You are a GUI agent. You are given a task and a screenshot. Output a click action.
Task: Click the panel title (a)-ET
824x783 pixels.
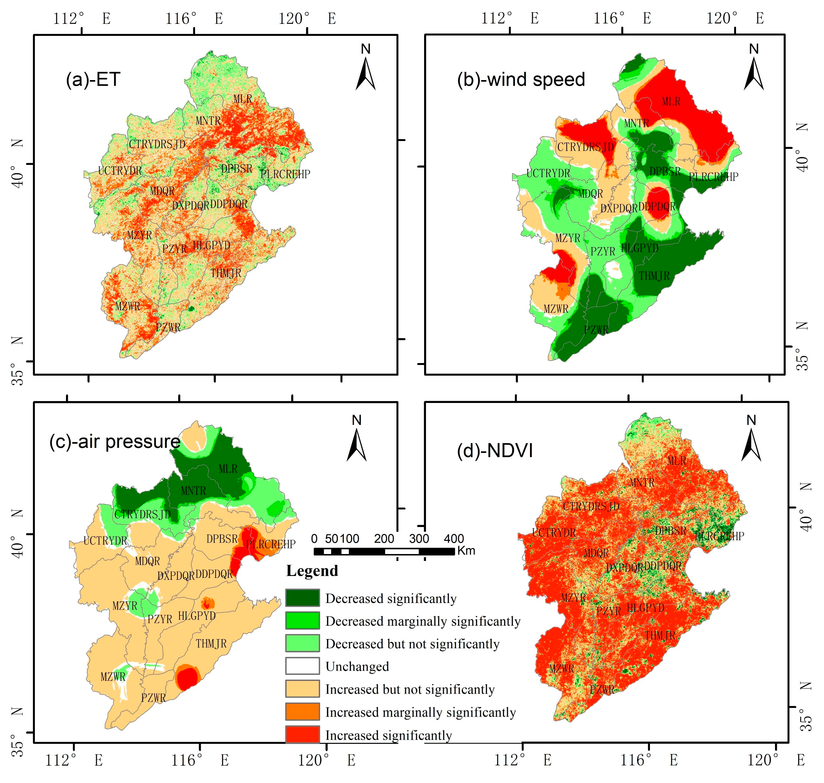pyautogui.click(x=93, y=79)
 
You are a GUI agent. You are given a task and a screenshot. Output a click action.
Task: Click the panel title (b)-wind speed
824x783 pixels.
pyautogui.click(x=521, y=79)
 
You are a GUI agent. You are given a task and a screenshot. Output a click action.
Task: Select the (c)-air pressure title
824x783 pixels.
pyautogui.click(x=115, y=441)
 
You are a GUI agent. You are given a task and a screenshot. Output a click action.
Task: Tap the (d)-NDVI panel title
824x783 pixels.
pyautogui.click(x=495, y=451)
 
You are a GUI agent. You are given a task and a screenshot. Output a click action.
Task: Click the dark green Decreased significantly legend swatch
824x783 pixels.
pyautogui.click(x=302, y=598)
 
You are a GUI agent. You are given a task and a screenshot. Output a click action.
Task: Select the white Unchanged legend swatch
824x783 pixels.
pyautogui.click(x=302, y=666)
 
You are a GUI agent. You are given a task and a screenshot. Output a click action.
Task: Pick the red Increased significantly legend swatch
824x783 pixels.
pyautogui.click(x=302, y=735)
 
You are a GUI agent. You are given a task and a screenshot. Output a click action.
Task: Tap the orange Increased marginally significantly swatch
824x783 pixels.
pyautogui.click(x=302, y=712)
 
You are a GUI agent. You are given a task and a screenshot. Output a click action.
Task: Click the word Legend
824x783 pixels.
pyautogui.click(x=312, y=571)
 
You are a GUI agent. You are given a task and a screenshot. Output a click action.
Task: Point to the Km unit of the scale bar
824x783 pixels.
pyautogui.click(x=466, y=551)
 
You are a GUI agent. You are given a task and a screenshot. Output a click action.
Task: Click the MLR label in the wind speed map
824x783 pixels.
pyautogui.click(x=671, y=101)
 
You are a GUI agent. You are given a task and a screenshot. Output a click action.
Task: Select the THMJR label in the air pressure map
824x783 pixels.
pyautogui.click(x=211, y=644)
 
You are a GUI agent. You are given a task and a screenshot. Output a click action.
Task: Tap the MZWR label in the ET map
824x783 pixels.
pyautogui.click(x=128, y=306)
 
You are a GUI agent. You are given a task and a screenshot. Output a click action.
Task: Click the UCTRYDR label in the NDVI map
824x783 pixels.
pyautogui.click(x=554, y=533)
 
